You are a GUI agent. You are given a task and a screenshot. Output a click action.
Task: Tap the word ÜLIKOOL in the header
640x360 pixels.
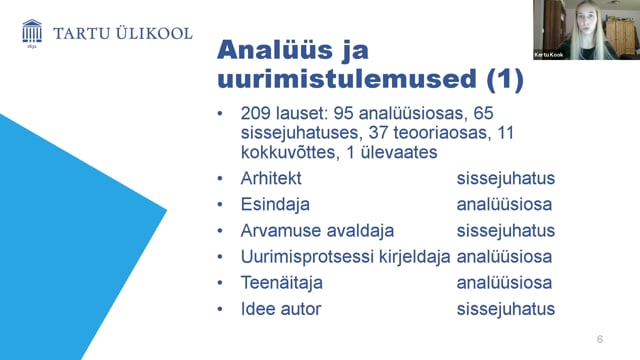154,33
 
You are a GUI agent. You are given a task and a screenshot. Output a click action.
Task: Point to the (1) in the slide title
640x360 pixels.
505,79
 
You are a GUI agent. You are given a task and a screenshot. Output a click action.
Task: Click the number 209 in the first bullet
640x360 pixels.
255,113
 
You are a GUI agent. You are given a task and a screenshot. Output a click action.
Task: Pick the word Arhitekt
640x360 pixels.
271,178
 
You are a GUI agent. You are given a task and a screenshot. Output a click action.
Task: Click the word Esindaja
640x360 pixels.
275,204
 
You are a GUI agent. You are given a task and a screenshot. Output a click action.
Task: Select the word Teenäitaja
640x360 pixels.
282,282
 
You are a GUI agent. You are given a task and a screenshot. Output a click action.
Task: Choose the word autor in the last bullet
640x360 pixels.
302,309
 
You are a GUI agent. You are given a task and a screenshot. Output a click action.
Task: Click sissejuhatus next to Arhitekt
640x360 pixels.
506,178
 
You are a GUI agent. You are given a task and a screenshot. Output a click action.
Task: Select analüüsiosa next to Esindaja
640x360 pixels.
504,204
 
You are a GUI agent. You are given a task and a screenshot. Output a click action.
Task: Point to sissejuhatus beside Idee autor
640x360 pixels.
506,309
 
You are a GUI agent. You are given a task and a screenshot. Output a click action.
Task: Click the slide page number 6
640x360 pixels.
600,339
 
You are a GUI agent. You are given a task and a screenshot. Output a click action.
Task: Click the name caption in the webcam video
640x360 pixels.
549,55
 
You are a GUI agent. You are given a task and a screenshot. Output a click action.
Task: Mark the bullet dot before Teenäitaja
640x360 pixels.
220,283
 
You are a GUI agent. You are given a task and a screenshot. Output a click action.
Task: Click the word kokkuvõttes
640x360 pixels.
288,152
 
